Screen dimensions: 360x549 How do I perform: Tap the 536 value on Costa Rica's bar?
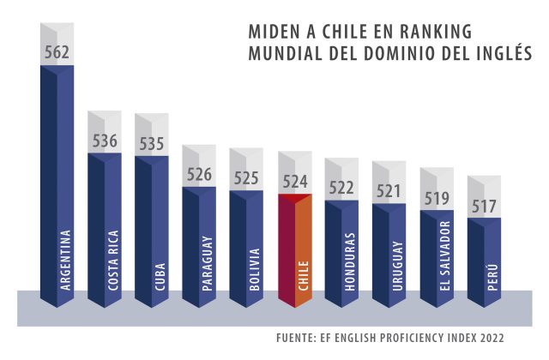[x=105, y=141]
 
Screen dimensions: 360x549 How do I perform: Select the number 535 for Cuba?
[x=152, y=143]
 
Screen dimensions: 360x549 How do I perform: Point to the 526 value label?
[x=199, y=175]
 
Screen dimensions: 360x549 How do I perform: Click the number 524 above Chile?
[x=295, y=181]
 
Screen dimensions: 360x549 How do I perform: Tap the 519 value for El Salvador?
[x=437, y=199]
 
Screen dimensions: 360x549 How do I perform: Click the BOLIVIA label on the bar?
[x=256, y=271]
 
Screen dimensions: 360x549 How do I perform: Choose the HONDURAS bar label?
[x=350, y=263]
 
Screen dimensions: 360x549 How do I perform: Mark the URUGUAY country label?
[x=397, y=267]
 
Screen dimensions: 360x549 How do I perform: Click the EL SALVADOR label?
[x=444, y=257]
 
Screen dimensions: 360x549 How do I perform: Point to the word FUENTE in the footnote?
[x=297, y=337]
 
